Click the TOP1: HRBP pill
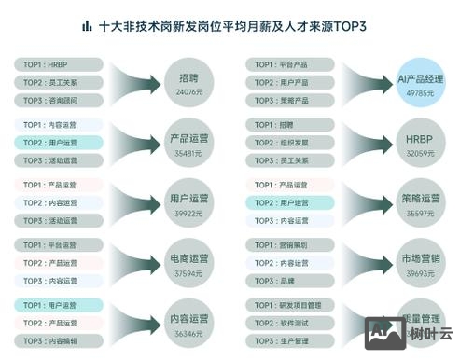[x=59, y=65]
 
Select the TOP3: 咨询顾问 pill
[x=59, y=100]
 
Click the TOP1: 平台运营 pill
[x=59, y=245]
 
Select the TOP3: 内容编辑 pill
[x=59, y=339]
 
